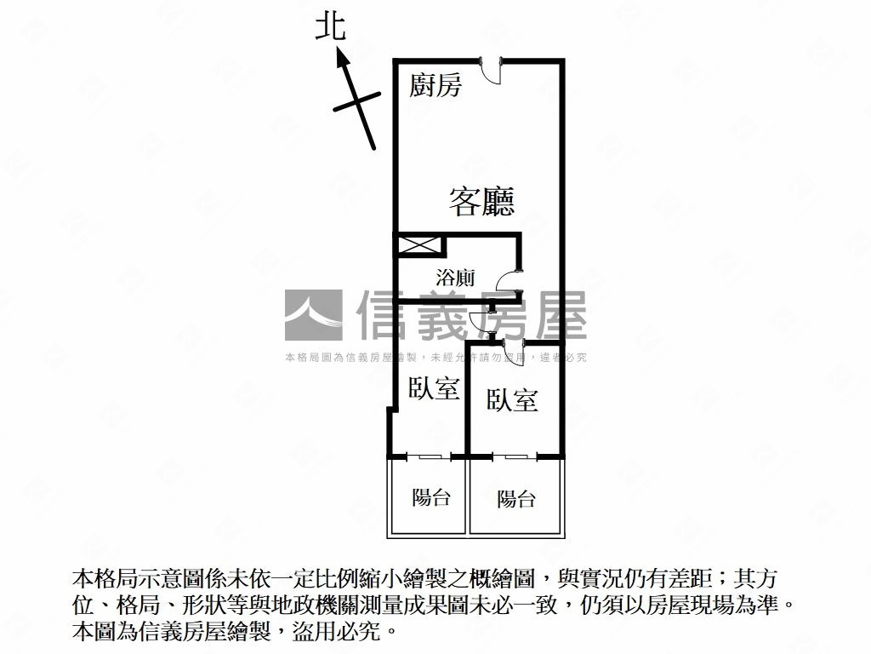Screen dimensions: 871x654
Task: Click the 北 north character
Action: (331, 27)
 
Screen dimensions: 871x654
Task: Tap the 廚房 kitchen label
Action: (435, 86)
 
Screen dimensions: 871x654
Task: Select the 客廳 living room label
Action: (481, 201)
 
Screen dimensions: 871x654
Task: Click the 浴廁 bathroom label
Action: (456, 277)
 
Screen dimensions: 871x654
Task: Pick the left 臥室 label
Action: (434, 387)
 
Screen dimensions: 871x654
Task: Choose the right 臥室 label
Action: (512, 400)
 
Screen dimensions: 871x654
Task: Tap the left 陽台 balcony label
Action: (431, 497)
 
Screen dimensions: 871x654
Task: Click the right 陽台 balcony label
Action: (516, 499)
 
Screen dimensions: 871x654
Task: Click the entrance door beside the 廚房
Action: (490, 71)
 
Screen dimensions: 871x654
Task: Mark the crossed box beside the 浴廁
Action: (418, 246)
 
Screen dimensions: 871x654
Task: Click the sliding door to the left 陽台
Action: (429, 457)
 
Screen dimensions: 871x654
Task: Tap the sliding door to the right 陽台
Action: (515, 457)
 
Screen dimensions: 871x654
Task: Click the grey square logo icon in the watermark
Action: (313, 315)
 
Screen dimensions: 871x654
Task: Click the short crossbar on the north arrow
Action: (357, 101)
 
